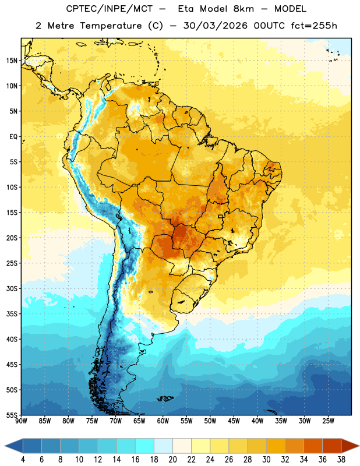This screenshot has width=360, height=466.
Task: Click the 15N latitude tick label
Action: click(12, 61)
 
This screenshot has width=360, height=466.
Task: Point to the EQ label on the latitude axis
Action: click(13, 137)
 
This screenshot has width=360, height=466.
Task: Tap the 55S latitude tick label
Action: click(12, 415)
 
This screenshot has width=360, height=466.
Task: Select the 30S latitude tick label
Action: click(12, 288)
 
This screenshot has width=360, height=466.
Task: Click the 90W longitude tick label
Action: click(21, 421)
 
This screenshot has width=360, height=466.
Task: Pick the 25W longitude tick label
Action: click(328, 421)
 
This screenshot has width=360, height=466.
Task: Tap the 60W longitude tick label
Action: click(163, 421)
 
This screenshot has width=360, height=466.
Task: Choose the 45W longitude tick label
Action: click(234, 421)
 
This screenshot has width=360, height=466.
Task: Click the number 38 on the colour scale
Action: click(341, 460)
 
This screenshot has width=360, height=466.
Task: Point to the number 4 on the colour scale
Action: click(23, 460)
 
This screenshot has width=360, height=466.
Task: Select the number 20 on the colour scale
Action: click(172, 460)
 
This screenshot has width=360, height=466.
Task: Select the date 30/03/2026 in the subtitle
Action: click(215, 26)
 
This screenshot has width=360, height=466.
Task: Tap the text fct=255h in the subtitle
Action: click(314, 26)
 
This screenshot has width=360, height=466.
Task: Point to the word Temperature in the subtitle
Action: click(111, 26)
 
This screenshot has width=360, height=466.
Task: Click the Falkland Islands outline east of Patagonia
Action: click(165, 398)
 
